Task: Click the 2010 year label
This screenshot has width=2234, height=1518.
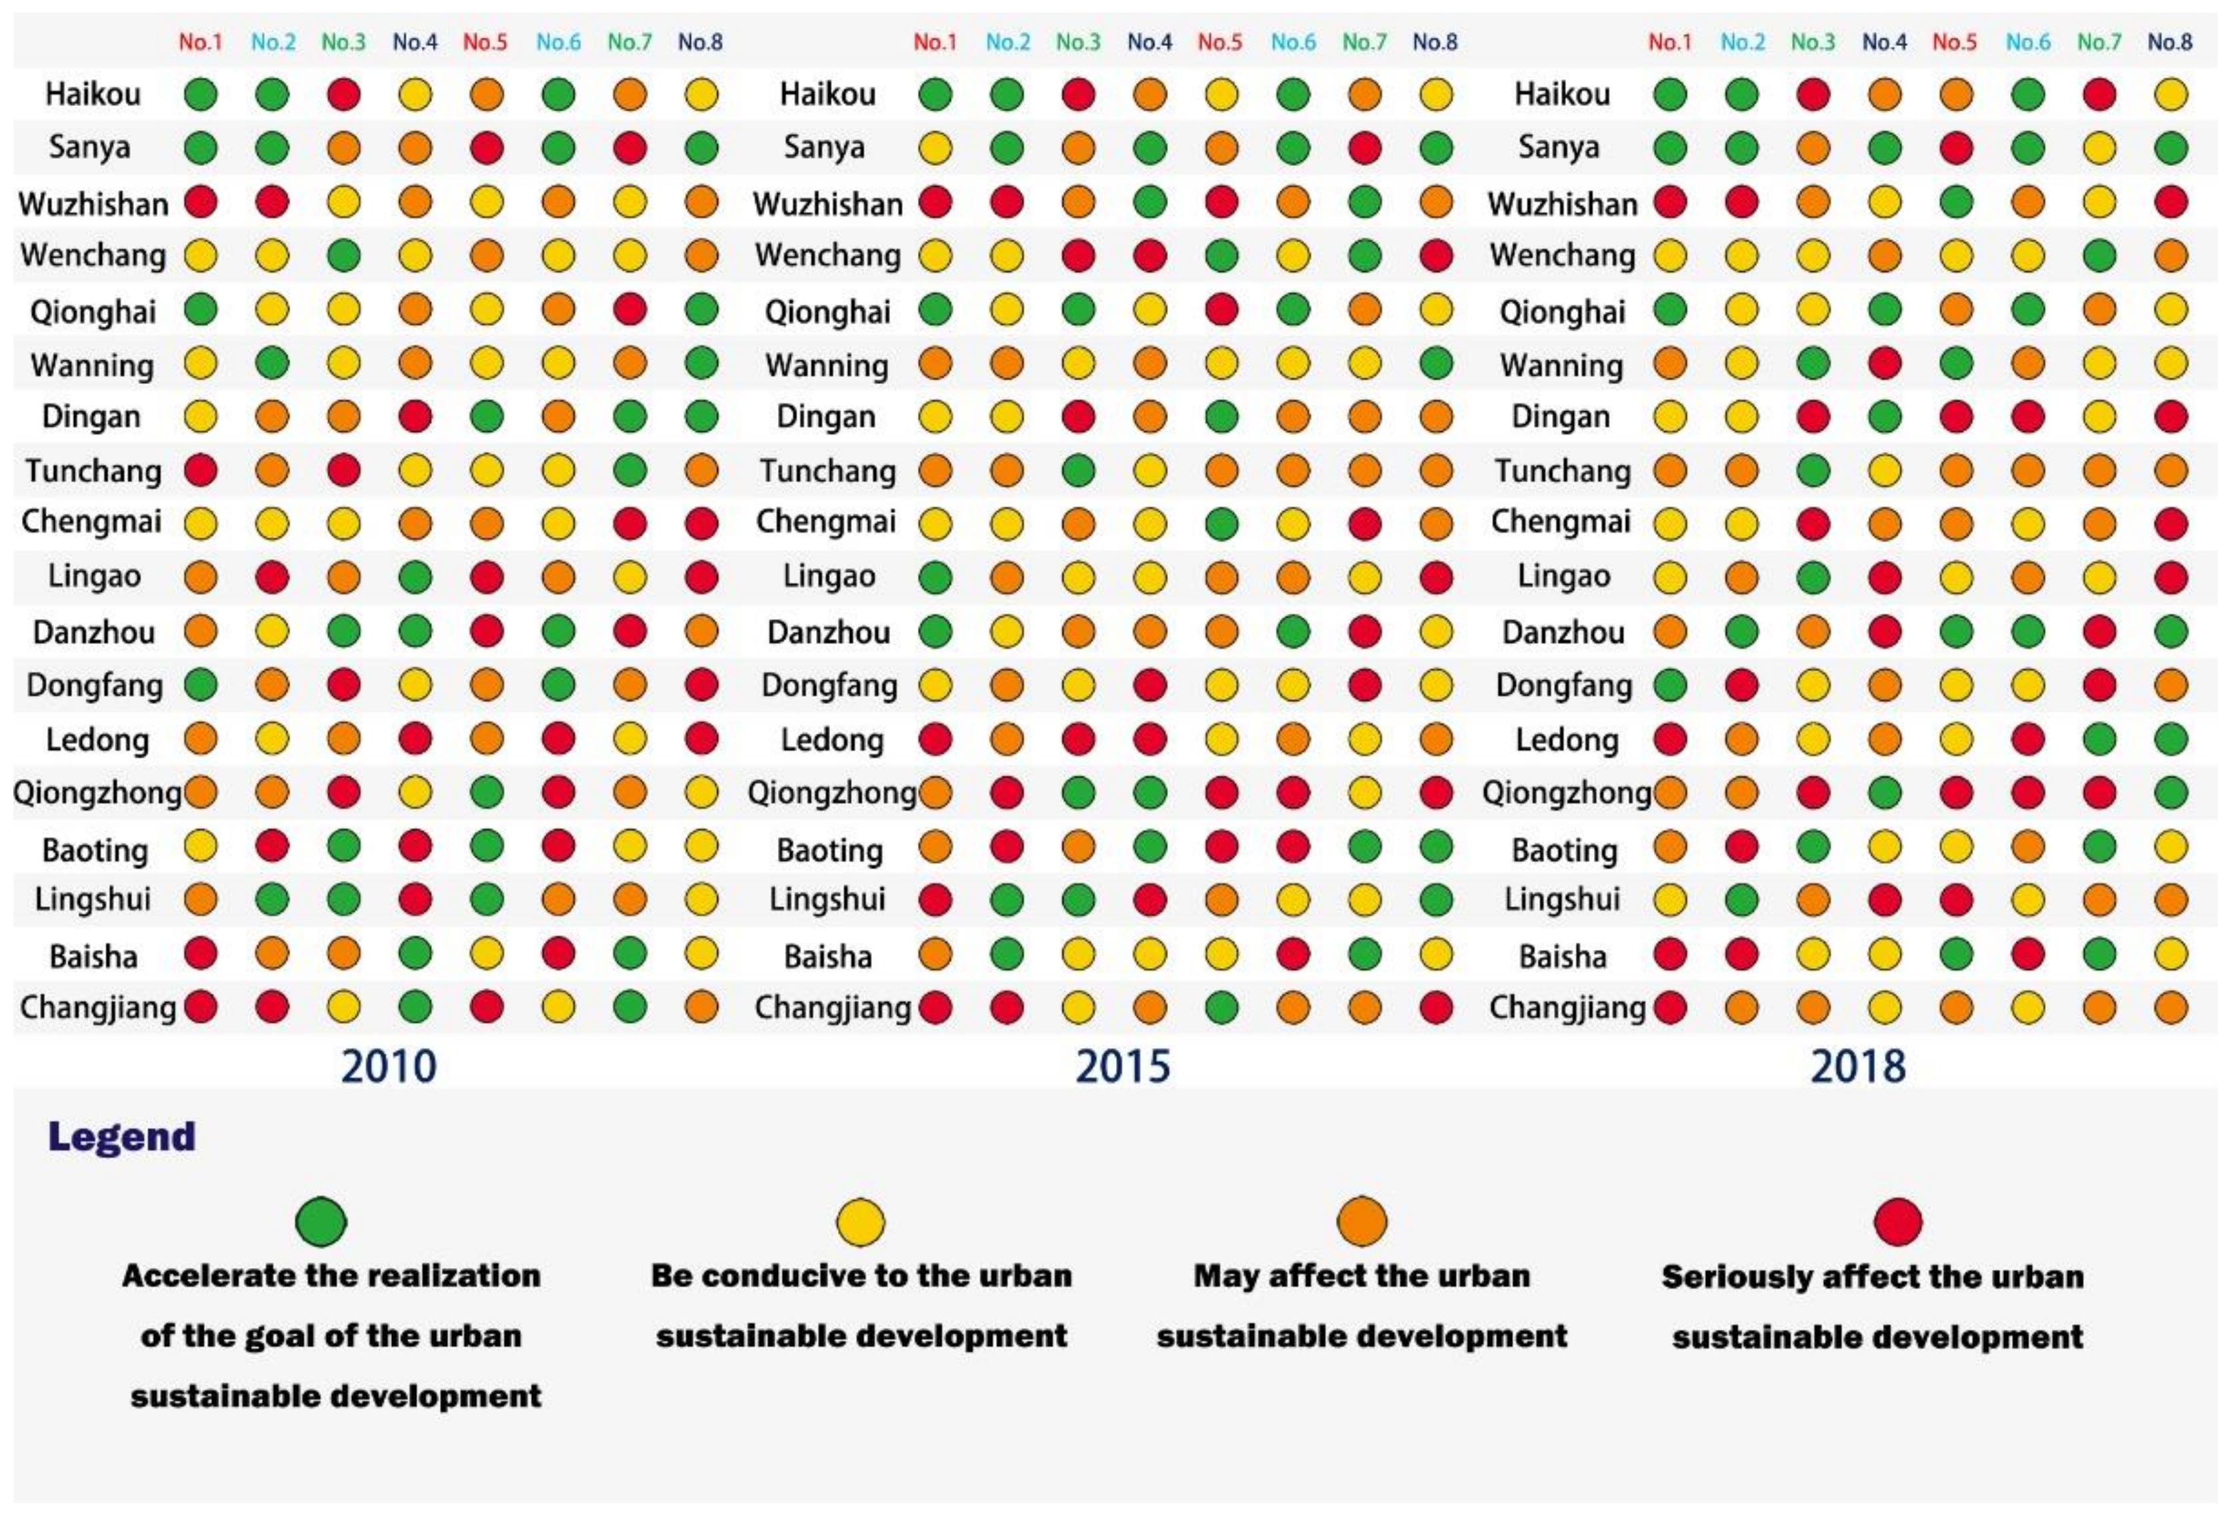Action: (x=389, y=1066)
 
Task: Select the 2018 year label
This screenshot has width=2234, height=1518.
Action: (x=1857, y=1066)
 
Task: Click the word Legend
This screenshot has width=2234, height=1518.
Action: (x=122, y=1137)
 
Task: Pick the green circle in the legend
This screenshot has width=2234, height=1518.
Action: (x=321, y=1222)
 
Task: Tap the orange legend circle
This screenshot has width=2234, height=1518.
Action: (x=1362, y=1222)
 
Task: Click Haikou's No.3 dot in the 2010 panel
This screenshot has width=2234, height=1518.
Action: (x=343, y=94)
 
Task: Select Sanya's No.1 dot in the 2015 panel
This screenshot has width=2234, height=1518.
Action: (x=935, y=148)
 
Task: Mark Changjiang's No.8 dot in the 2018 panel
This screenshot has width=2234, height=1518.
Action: (x=2171, y=1007)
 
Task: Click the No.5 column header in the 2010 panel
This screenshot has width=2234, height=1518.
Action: (x=485, y=42)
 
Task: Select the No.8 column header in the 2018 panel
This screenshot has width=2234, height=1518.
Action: (x=2169, y=42)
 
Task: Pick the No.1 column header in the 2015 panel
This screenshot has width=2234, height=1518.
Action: (x=935, y=42)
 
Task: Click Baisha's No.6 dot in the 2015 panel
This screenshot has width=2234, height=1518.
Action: (x=1293, y=955)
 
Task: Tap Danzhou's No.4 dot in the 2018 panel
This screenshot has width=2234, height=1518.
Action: (x=1884, y=631)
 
